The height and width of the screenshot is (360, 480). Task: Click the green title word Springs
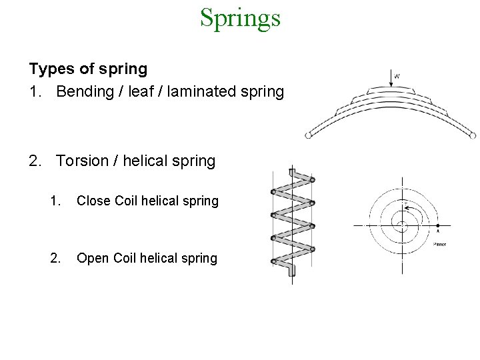point(240,18)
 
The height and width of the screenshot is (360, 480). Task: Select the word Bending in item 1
point(83,91)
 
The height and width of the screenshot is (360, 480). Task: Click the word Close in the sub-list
point(93,201)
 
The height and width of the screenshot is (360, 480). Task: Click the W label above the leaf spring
point(397,76)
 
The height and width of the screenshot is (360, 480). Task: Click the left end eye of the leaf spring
point(308,135)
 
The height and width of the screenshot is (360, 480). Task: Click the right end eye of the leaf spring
point(473,135)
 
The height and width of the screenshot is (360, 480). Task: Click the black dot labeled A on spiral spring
point(437,227)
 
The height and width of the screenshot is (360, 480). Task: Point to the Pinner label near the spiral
point(439,244)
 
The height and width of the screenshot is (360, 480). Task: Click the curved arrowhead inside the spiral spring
point(407,209)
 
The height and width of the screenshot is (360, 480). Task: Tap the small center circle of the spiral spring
point(402,225)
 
